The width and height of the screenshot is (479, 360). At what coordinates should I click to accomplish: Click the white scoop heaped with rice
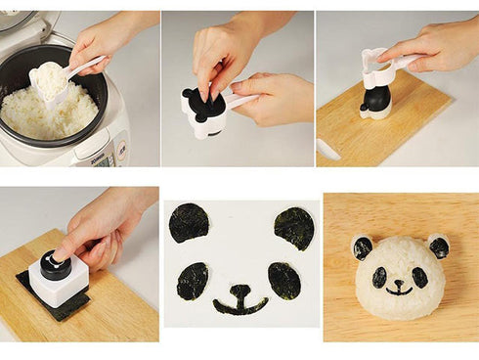[51, 81]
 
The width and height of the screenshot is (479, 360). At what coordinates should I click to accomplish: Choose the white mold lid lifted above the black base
[375, 66]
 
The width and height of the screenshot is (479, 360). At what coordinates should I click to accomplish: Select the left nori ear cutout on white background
[189, 223]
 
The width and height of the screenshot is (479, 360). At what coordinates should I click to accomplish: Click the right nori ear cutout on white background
[293, 228]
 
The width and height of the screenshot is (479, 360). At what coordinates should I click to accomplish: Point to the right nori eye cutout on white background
[283, 281]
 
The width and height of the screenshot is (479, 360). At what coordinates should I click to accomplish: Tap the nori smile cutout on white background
[239, 299]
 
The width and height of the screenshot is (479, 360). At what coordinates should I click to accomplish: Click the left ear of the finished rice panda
[363, 247]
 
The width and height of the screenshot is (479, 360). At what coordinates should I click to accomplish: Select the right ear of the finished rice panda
[438, 247]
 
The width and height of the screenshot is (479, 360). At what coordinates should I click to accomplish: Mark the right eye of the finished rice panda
[419, 277]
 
